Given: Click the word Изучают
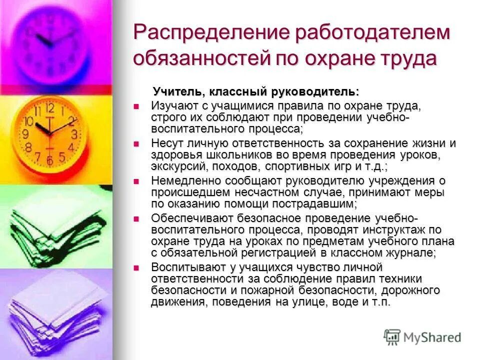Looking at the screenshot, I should pos(175,106).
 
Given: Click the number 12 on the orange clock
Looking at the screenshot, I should pos(49,106).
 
